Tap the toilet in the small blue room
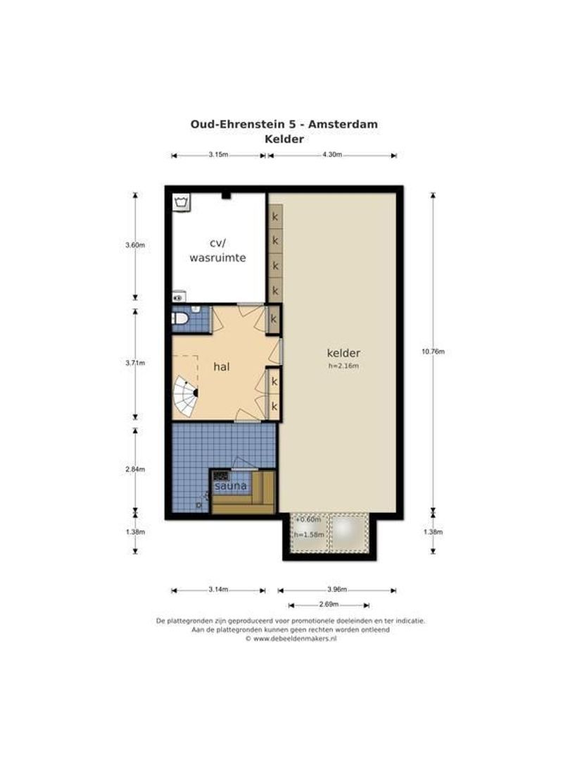(180, 318)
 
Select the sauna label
(230, 485)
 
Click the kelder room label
(343, 353)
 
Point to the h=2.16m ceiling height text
(343, 366)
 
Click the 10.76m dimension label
(433, 352)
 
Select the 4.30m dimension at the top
(332, 155)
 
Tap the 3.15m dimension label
(218, 155)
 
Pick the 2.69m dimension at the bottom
(329, 605)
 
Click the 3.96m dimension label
(337, 590)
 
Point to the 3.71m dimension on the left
(135, 363)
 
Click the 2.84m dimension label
(135, 469)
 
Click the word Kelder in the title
(284, 139)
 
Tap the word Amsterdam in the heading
(343, 124)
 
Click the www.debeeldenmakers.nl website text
(295, 638)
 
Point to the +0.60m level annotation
(308, 519)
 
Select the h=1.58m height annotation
(309, 535)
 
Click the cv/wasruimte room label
(217, 250)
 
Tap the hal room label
(222, 367)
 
